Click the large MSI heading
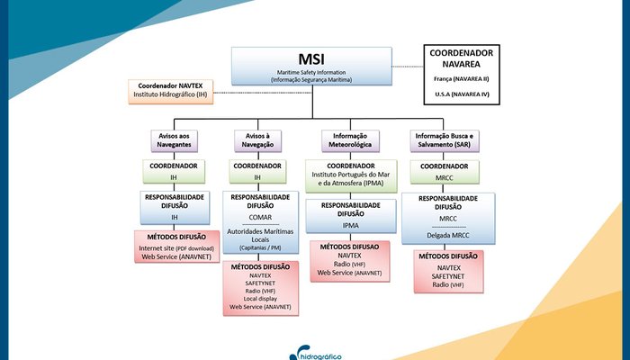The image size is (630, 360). pos(312,59)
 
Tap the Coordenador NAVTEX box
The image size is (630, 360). pos(171,89)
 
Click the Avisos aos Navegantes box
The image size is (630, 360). pos(174,139)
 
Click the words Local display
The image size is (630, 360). pos(259,298)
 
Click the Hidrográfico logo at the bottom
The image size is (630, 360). pos(316,352)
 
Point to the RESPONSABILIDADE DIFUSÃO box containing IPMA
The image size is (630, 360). pos(349,216)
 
